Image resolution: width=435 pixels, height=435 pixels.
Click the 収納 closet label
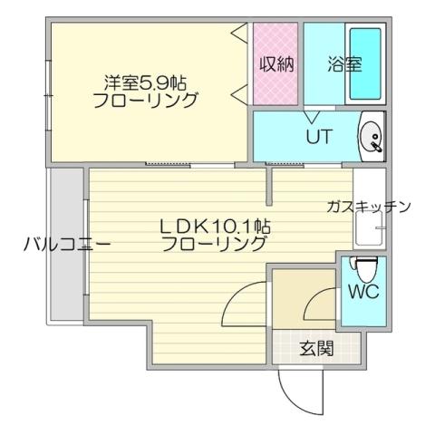[x=275, y=66]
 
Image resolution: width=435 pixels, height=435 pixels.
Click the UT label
[x=317, y=138]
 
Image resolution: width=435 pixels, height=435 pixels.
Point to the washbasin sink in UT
[x=372, y=139]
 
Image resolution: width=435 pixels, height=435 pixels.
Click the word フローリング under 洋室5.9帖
[x=145, y=101]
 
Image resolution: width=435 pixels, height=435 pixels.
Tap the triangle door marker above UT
[x=313, y=115]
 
